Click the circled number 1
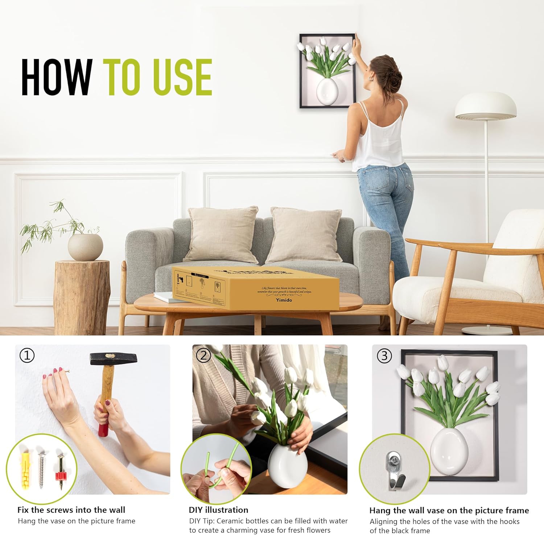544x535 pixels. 27,355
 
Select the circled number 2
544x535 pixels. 203,355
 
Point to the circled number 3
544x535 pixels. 384,356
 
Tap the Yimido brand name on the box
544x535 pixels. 284,300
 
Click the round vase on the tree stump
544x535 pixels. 85,247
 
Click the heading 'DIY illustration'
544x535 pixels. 218,510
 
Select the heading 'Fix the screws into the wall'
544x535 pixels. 71,510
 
